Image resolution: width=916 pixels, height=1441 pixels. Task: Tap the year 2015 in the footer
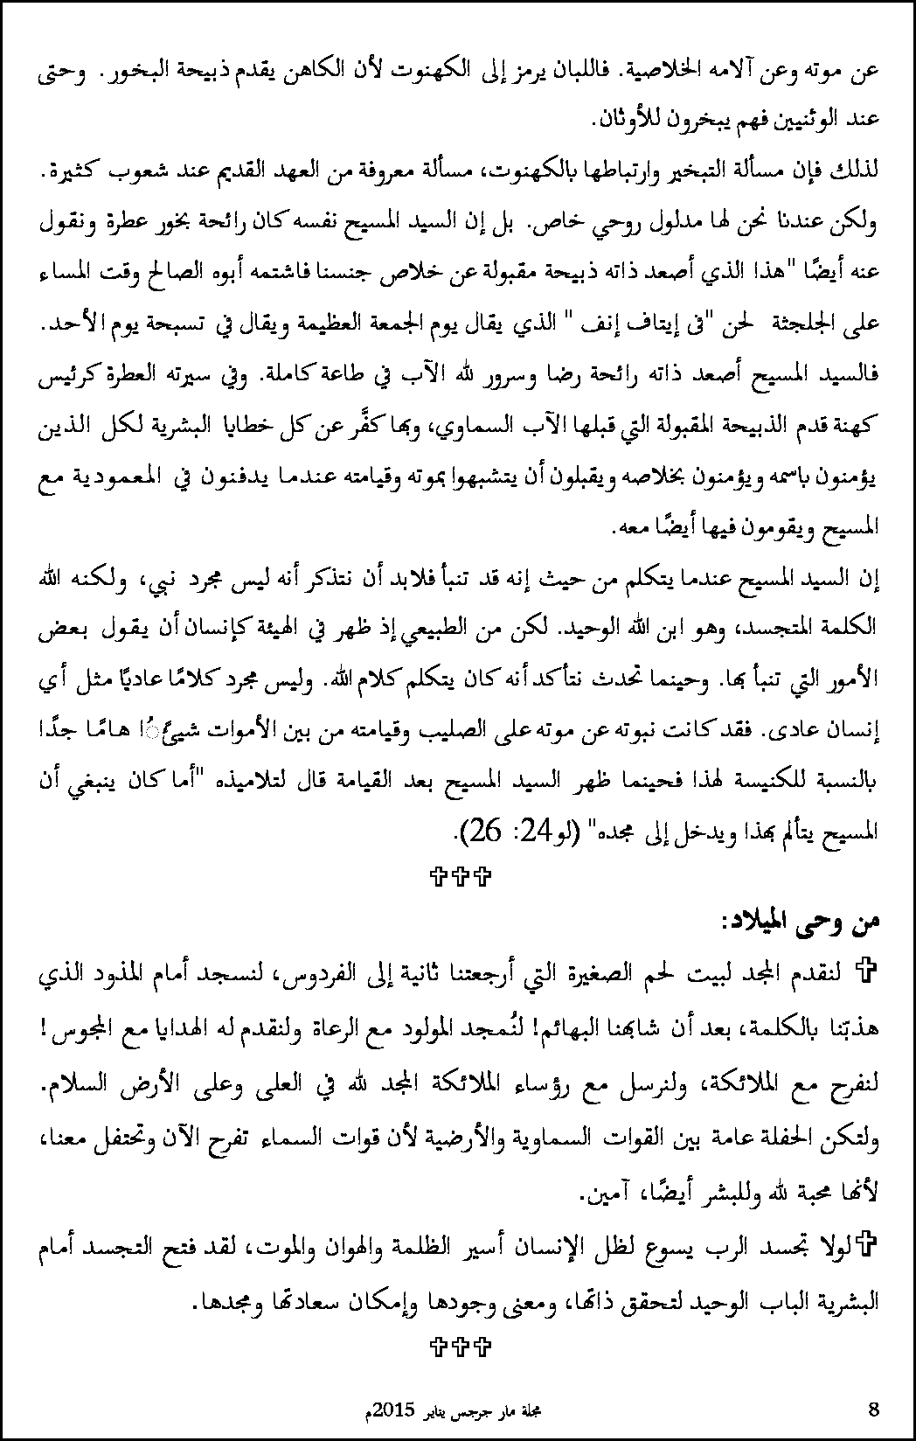coord(391,1410)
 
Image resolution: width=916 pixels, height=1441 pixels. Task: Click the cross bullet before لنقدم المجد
coord(868,971)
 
